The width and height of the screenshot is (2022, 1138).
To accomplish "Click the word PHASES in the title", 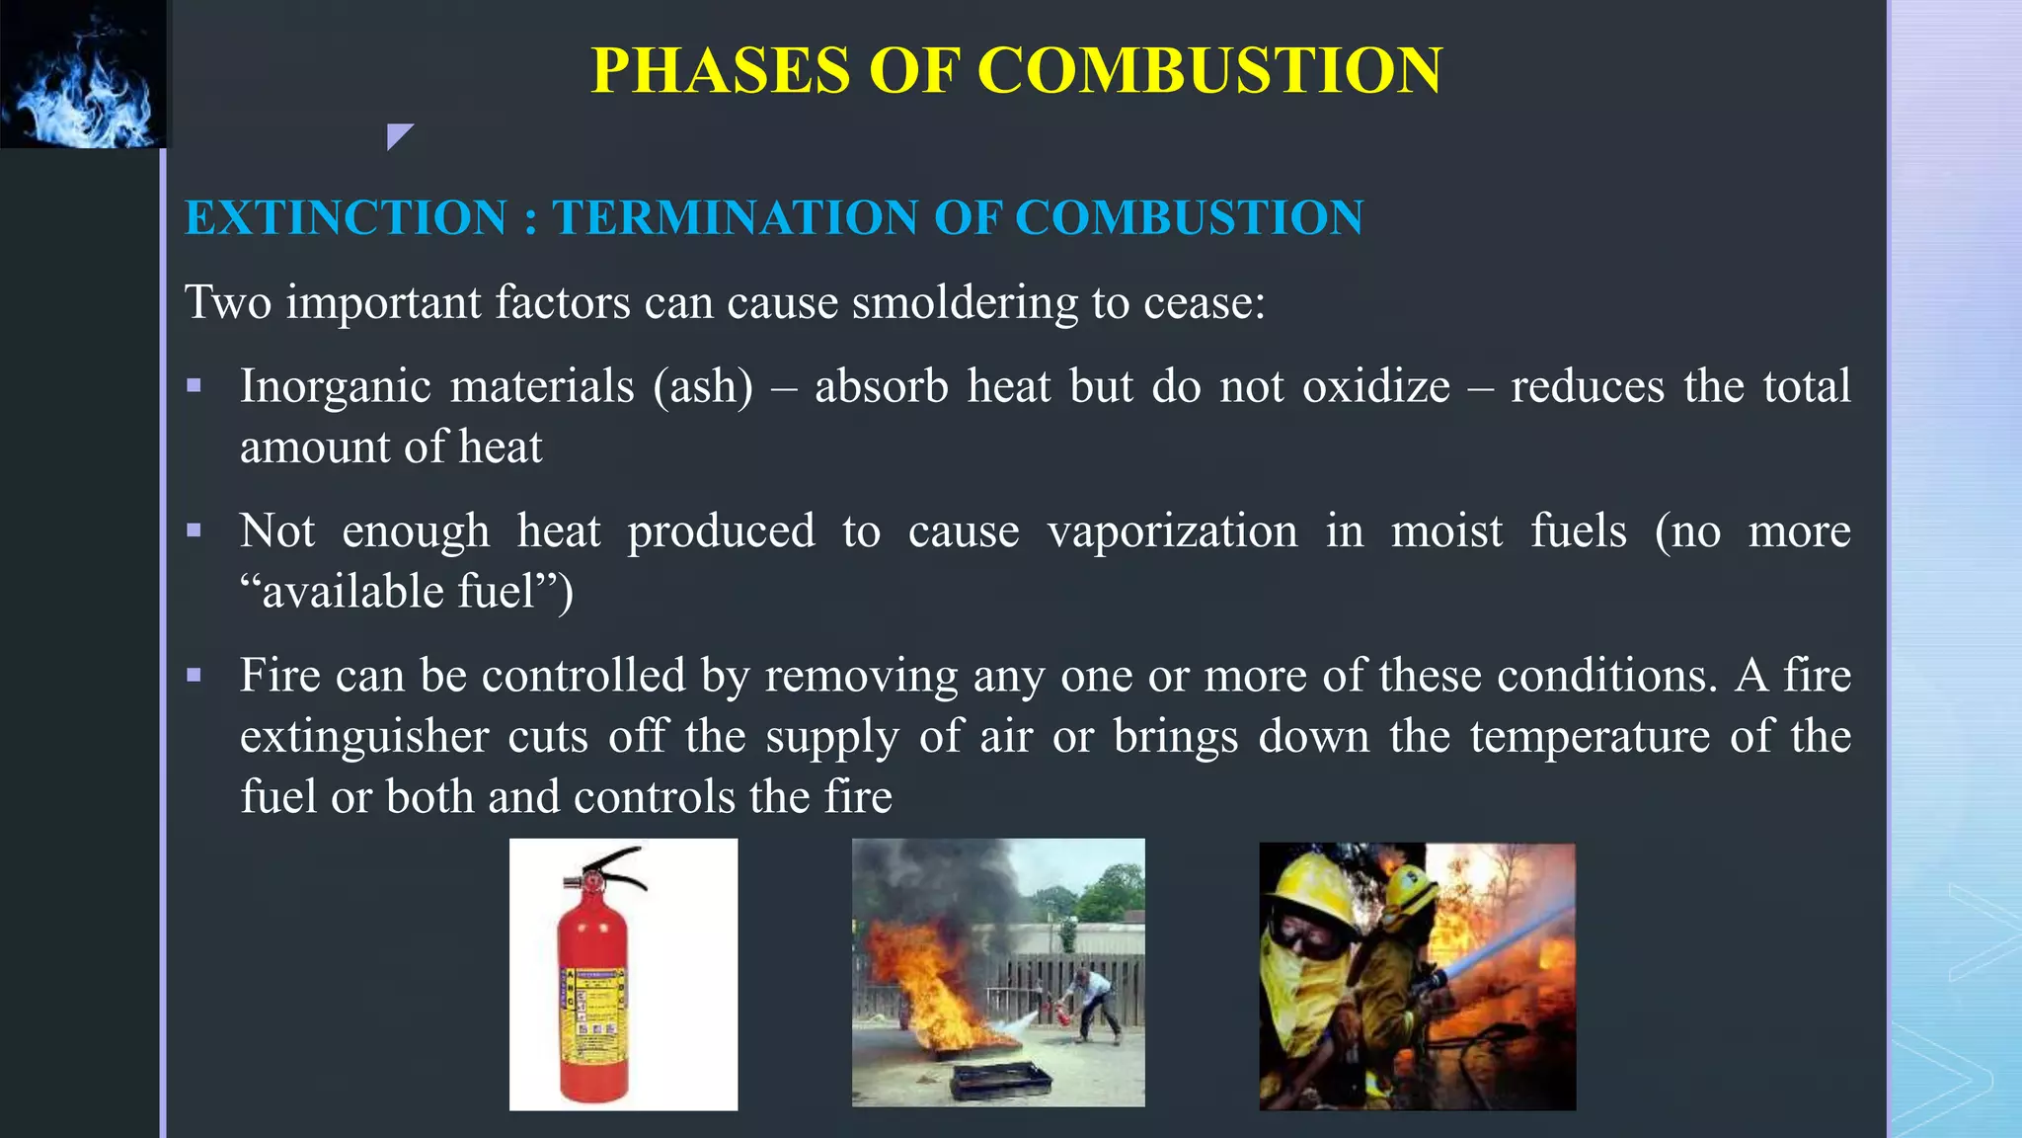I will (x=720, y=71).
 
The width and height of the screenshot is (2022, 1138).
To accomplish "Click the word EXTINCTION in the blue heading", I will (x=346, y=217).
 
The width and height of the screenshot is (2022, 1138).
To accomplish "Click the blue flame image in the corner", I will (x=84, y=74).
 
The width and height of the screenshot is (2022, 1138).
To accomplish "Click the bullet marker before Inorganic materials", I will (x=194, y=386).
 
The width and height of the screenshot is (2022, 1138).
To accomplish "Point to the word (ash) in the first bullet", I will (x=702, y=386).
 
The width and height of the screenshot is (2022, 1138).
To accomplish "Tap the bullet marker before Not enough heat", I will (x=194, y=530).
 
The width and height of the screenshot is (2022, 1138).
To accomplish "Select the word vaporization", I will (x=1172, y=531).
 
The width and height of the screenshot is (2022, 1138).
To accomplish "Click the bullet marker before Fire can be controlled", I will (x=194, y=676).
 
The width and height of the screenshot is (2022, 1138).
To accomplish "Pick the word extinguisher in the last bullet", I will (x=364, y=737).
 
